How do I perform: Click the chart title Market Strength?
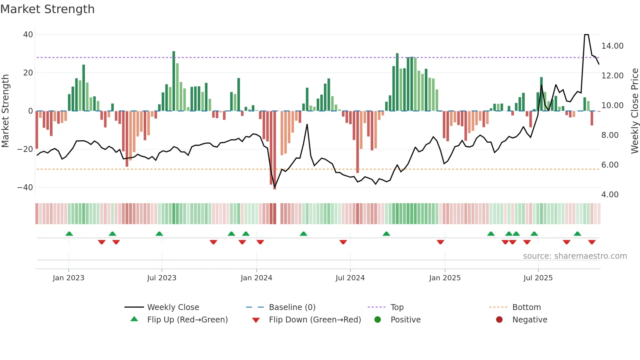pyautogui.click(x=47, y=9)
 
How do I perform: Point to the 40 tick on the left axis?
pyautogui.click(x=28, y=35)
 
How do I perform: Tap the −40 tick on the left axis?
pyautogui.click(x=25, y=188)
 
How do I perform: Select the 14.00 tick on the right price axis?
pyautogui.click(x=612, y=46)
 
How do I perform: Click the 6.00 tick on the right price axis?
pyautogui.click(x=610, y=165)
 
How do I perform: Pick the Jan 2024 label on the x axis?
pyautogui.click(x=256, y=278)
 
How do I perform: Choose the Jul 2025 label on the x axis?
pyautogui.click(x=538, y=278)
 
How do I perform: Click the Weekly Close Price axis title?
pyautogui.click(x=634, y=111)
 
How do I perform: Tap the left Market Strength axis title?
pyautogui.click(x=6, y=111)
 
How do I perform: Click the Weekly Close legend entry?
pyautogui.click(x=173, y=307)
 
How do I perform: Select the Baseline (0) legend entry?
pyautogui.click(x=292, y=307)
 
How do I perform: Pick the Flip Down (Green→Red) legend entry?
pyautogui.click(x=314, y=320)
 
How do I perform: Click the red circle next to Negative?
pyautogui.click(x=499, y=319)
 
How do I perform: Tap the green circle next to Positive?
pyautogui.click(x=377, y=319)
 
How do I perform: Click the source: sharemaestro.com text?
pyautogui.click(x=575, y=256)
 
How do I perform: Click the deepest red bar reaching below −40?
pyautogui.click(x=275, y=150)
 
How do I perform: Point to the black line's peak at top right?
pyautogui.click(x=586, y=35)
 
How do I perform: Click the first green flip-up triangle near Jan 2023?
pyautogui.click(x=69, y=234)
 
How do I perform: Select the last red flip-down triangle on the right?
pyautogui.click(x=592, y=242)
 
